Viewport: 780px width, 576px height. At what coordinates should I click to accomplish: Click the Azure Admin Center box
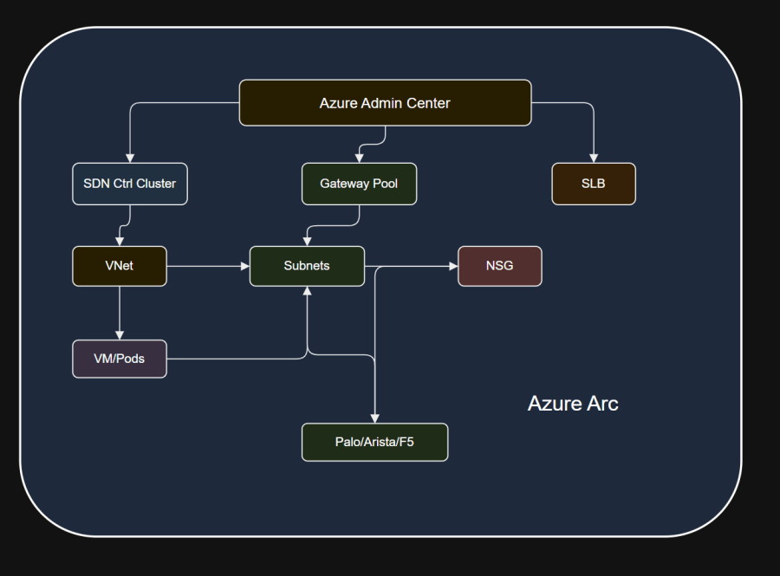point(385,103)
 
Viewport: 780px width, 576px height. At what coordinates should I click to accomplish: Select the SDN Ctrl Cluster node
point(130,184)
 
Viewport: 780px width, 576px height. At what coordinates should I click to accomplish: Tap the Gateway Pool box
point(359,184)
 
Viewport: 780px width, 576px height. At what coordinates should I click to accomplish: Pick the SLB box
point(594,184)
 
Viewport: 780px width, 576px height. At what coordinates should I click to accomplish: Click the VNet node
point(120,267)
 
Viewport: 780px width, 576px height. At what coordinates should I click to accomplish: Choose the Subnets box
point(307,267)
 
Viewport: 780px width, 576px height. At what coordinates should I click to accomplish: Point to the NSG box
point(499,267)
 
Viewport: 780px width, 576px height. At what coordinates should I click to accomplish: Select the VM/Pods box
point(120,359)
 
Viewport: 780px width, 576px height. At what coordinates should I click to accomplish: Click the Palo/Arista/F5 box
point(374,443)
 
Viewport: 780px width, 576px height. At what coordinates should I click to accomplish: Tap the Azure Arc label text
point(573,404)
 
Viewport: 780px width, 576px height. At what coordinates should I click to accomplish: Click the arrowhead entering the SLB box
point(594,159)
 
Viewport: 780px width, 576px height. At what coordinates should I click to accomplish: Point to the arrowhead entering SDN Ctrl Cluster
point(130,159)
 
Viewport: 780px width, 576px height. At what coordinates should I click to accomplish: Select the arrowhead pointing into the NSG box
point(453,267)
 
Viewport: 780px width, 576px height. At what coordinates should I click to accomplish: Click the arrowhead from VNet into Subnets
point(244,267)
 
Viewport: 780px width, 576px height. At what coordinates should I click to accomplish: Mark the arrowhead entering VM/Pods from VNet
point(120,335)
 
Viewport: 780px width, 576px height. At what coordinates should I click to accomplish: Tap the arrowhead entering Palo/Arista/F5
point(374,418)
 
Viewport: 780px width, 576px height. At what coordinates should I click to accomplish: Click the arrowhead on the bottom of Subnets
point(307,291)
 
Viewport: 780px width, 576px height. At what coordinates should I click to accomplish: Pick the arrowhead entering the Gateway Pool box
point(359,159)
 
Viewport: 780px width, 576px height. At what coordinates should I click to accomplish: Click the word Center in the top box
point(428,103)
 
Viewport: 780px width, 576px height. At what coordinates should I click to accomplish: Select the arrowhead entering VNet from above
point(120,242)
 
